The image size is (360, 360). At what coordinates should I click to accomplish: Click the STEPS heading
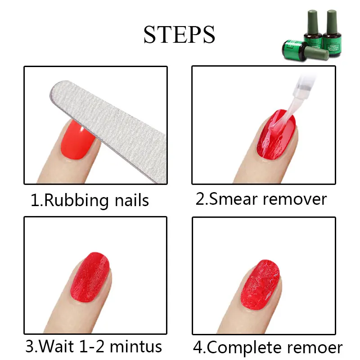179,35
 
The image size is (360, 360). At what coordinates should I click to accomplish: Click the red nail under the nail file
77,140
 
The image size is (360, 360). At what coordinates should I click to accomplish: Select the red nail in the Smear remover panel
276,134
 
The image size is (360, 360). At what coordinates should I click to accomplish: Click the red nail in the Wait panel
90,277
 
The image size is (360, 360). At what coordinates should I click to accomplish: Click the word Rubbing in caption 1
76,200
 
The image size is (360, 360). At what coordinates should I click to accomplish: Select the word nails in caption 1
132,200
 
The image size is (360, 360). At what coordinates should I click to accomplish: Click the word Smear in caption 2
234,198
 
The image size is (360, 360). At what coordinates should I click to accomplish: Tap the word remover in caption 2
295,199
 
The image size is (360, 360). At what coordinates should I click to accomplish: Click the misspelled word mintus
136,346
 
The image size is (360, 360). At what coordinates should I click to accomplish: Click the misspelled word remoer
315,348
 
